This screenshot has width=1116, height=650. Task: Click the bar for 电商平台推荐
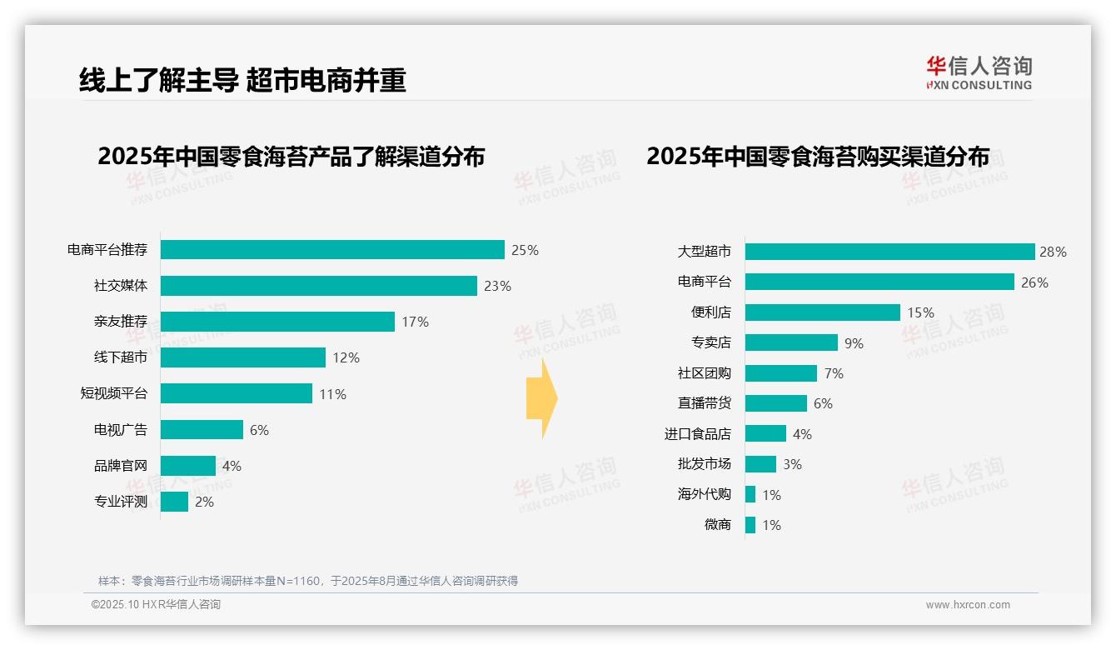point(332,250)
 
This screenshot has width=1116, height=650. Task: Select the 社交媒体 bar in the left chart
point(318,286)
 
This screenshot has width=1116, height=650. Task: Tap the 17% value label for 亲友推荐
point(415,322)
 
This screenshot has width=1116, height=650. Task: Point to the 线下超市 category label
point(120,357)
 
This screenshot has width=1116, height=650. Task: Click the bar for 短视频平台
point(236,393)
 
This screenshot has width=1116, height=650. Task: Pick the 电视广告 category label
point(120,430)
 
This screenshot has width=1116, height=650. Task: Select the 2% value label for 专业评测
point(204,502)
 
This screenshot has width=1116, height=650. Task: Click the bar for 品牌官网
point(187,466)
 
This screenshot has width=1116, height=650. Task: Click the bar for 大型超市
point(889,252)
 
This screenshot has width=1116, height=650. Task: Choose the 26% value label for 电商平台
point(1034,282)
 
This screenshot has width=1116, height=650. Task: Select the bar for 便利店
point(822,312)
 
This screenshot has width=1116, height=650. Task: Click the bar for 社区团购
point(780,373)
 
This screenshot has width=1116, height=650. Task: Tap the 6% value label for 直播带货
point(823,403)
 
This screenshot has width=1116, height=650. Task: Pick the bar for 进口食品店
point(765,433)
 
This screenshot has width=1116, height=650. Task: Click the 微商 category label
point(717,525)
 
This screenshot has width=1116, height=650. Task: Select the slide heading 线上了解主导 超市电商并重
point(242,80)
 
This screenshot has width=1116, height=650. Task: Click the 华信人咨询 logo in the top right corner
point(979,72)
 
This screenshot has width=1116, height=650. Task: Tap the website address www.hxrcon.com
point(967,605)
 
